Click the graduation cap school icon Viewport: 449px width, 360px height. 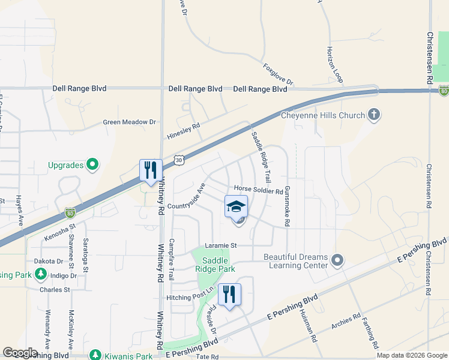tap(236, 206)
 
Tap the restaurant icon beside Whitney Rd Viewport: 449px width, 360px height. tap(149, 169)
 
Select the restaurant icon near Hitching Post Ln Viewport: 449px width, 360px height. tap(229, 294)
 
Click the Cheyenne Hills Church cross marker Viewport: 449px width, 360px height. tap(373, 115)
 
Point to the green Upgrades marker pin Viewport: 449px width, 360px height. tap(92, 164)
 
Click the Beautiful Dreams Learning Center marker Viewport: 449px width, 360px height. tap(337, 260)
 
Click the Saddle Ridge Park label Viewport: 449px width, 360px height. tap(218, 265)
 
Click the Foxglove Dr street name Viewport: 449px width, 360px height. tap(278, 73)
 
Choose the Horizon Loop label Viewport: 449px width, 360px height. tap(334, 63)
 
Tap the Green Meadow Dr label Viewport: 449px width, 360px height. tap(129, 122)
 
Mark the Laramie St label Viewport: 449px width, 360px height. tap(221, 245)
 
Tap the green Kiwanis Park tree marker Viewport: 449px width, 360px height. tap(94, 355)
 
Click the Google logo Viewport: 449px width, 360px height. tap(20, 353)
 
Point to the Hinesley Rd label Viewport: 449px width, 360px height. tap(183, 130)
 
